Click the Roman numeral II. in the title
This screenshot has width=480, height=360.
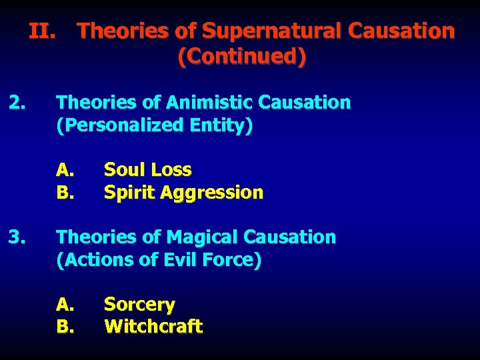[45, 31]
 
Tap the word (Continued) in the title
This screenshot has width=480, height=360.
[242, 57]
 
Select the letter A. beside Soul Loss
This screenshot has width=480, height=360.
[65, 170]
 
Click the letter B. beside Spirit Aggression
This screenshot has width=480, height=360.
[65, 193]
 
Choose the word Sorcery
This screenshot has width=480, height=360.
[139, 305]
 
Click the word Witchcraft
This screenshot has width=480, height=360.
[153, 327]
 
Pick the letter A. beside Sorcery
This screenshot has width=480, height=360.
[65, 305]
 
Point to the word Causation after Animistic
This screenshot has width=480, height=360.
[304, 103]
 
